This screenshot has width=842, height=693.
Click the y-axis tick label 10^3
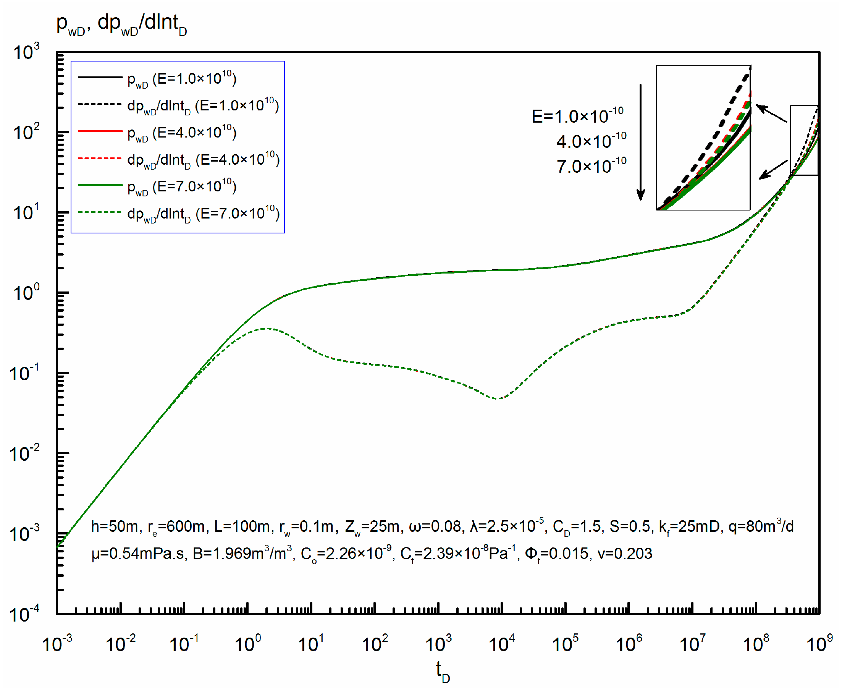(x=26, y=52)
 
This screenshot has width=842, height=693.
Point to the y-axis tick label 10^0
(x=26, y=293)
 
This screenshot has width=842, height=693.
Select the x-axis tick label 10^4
(x=502, y=644)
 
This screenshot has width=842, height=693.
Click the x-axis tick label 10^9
(x=819, y=644)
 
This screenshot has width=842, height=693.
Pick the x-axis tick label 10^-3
(x=57, y=644)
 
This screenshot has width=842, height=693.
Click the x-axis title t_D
(x=442, y=672)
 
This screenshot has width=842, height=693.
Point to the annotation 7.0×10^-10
(x=591, y=166)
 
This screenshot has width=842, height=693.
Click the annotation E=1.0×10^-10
(x=577, y=116)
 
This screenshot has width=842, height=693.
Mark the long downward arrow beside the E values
(x=640, y=142)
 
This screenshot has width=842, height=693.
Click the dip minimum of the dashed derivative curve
(x=498, y=398)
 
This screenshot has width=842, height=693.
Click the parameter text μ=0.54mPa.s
(x=138, y=554)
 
